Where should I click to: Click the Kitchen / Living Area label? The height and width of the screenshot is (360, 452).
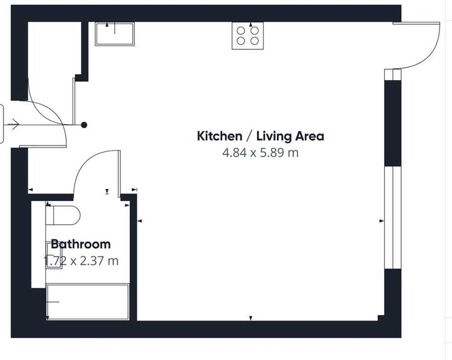(260, 136)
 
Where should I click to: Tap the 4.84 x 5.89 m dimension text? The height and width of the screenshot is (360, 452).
(260, 153)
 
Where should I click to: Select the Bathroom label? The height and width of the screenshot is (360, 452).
(81, 244)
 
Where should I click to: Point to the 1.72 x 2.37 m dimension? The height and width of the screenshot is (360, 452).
(81, 261)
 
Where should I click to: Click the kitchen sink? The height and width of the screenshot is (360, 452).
(115, 34)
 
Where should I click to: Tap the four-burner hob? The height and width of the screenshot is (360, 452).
(248, 36)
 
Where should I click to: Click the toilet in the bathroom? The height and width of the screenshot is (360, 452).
(63, 215)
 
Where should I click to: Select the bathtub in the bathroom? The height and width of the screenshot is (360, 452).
(88, 302)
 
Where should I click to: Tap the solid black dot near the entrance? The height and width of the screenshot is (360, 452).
(84, 125)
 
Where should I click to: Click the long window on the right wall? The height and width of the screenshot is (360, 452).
(393, 217)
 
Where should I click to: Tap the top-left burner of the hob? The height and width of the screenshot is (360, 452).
(241, 31)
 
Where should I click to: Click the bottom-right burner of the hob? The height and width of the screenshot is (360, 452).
(254, 41)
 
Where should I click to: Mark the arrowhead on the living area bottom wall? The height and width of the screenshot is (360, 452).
(251, 318)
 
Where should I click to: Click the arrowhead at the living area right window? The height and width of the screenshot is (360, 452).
(381, 221)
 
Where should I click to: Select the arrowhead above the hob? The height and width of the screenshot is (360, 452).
(250, 25)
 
